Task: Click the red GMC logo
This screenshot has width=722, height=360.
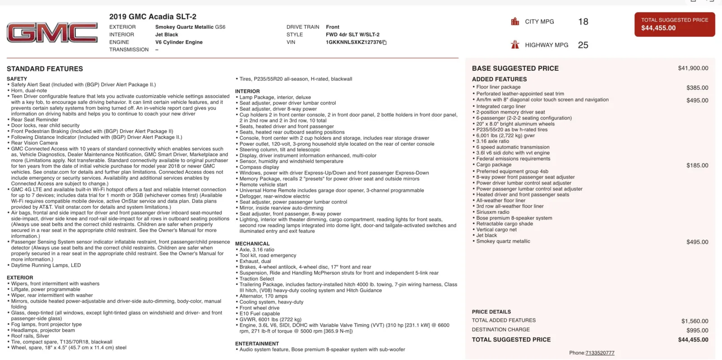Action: [52, 33]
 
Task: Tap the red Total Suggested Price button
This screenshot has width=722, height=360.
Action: [675, 24]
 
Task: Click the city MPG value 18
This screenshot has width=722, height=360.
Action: [583, 22]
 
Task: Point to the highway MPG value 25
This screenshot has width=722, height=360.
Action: [583, 45]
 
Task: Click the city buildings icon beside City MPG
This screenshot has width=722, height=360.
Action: [515, 22]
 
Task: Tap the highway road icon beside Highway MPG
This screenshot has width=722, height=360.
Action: [515, 45]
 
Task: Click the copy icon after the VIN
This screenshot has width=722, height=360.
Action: [384, 42]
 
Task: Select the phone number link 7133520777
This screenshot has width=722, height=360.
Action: [600, 353]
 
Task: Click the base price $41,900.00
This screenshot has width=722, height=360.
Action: [693, 68]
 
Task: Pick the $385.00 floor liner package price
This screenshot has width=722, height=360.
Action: [697, 88]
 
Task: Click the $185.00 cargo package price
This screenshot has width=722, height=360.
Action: [697, 166]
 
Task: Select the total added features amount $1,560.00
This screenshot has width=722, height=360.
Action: [694, 321]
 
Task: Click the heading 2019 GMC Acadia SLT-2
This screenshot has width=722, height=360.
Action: [153, 17]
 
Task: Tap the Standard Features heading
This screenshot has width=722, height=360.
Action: [45, 69]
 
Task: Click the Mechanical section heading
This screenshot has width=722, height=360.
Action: [252, 244]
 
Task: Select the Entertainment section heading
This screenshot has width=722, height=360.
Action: [257, 344]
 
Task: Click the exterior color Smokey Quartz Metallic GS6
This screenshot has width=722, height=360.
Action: [190, 27]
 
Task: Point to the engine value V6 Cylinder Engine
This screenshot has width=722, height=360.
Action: [179, 42]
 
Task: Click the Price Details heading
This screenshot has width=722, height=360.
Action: [491, 312]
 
